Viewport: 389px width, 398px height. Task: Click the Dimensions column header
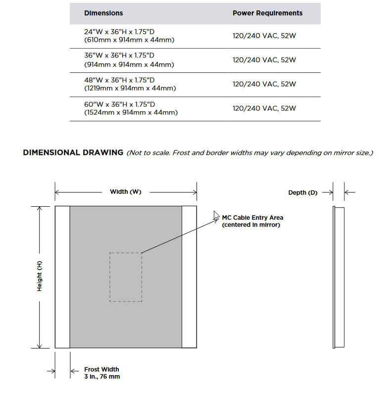click(103, 13)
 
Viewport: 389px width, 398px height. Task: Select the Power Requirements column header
click(267, 13)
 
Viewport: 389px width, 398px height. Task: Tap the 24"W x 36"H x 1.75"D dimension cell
click(129, 35)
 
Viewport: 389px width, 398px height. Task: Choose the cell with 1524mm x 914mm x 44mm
click(131, 113)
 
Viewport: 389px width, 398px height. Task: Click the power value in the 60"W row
click(264, 108)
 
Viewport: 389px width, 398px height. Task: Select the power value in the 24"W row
click(264, 35)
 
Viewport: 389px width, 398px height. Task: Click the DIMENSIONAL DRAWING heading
click(73, 153)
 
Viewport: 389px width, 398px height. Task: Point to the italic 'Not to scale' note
click(250, 153)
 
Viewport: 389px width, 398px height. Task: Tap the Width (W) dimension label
click(125, 192)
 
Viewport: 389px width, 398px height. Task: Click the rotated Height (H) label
click(40, 277)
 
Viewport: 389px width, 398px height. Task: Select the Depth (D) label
click(302, 192)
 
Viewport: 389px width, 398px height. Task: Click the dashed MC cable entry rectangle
click(125, 277)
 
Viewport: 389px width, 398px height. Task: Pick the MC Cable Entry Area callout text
click(252, 221)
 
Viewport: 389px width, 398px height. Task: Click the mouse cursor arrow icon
click(216, 216)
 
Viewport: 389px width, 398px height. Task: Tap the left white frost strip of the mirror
click(62, 277)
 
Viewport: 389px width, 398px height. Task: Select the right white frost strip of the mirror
click(189, 277)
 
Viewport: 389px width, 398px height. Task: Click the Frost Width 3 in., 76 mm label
click(101, 373)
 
